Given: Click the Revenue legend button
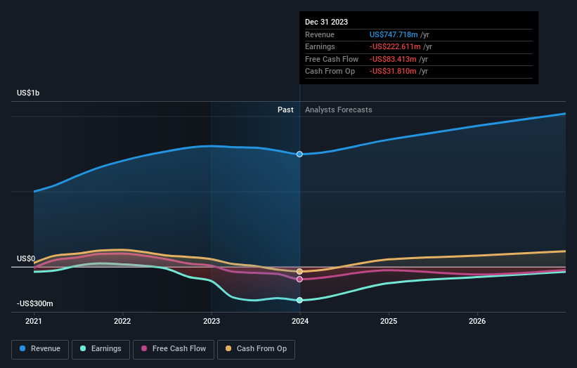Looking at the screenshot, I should tap(40, 348).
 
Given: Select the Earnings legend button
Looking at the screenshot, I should tap(100, 348).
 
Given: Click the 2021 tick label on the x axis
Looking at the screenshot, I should tap(34, 322).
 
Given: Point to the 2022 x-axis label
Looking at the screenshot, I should tap(122, 322).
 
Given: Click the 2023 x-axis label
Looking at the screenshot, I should tap(212, 322).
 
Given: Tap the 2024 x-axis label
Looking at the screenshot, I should tap(300, 322).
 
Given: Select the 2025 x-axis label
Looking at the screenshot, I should tap(389, 322).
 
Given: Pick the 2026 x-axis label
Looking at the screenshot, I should tap(477, 322).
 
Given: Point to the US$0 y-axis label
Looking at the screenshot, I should tap(26, 258).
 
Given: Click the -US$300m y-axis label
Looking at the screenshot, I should tap(35, 303).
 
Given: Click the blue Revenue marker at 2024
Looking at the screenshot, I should tap(300, 154).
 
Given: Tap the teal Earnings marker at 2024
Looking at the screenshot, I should tap(300, 300).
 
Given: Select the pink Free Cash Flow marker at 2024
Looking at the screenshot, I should tap(300, 279).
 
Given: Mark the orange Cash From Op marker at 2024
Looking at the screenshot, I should tap(300, 271).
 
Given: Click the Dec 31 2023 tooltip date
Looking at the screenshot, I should tap(326, 22).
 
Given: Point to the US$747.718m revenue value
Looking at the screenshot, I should tap(394, 34).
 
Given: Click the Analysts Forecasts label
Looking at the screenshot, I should tap(338, 110).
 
